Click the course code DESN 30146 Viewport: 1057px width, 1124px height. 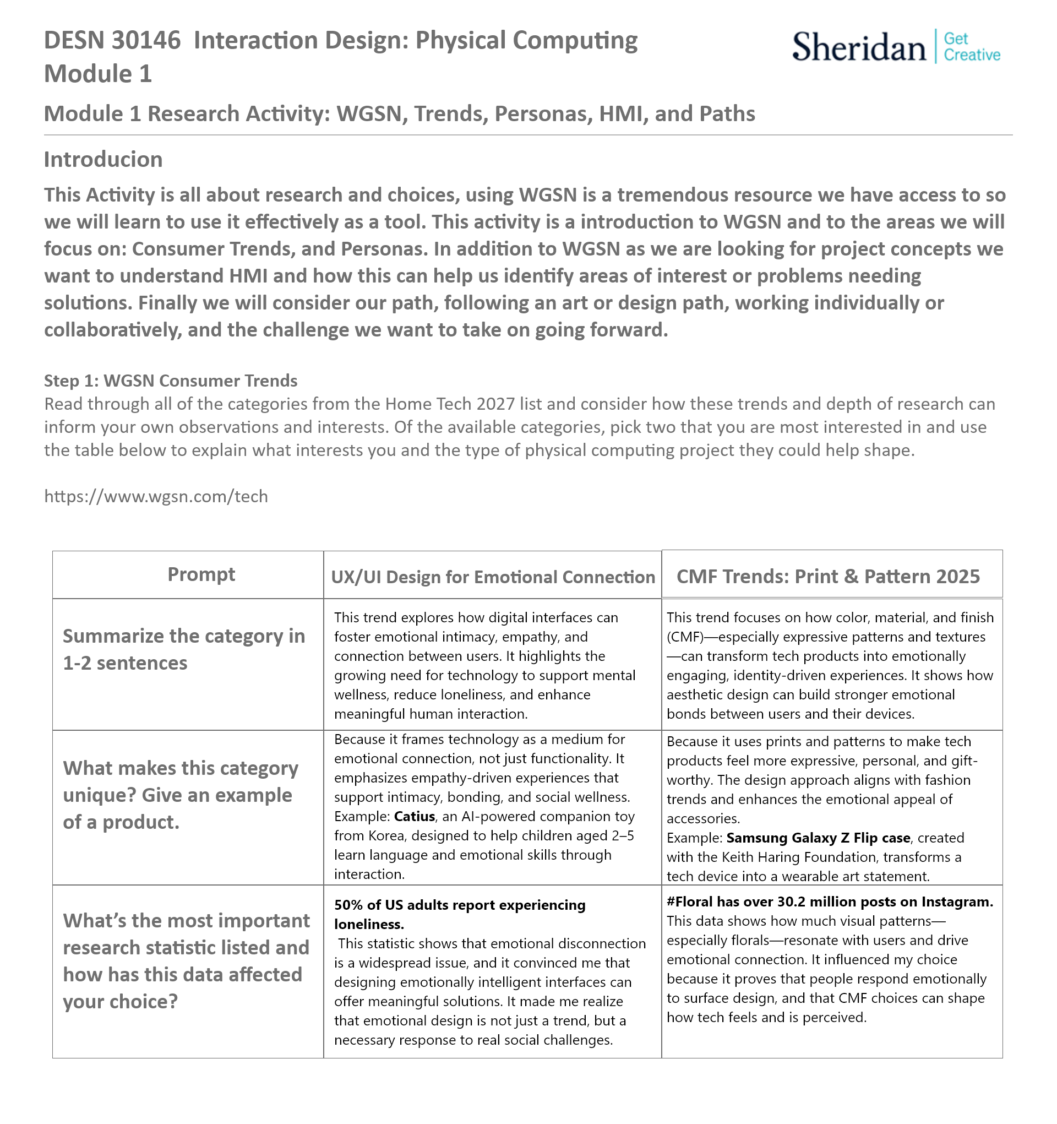(112, 41)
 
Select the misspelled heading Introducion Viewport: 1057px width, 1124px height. (103, 160)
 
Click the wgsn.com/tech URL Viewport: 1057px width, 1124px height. (156, 496)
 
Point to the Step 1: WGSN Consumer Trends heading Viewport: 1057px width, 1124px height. (171, 381)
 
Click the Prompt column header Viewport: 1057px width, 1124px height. (201, 574)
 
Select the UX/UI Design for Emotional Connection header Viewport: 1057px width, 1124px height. (492, 577)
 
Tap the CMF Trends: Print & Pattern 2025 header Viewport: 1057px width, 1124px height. (828, 576)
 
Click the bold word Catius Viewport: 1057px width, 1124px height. (415, 816)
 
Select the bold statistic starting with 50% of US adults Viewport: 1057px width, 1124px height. (460, 914)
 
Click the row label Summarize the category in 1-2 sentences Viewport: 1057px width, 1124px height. (183, 650)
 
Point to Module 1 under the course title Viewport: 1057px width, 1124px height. (98, 74)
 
